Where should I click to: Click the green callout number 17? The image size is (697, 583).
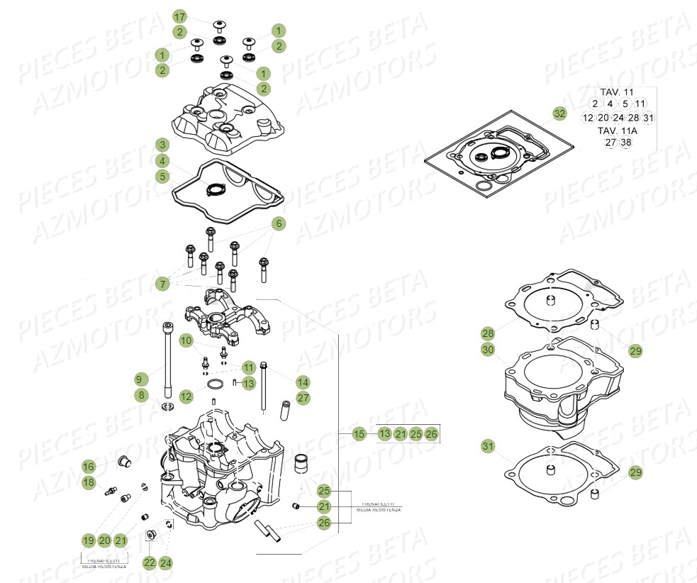pos(179,16)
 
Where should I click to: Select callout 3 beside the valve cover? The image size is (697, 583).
pos(162,145)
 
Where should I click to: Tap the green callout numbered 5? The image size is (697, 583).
pos(162,176)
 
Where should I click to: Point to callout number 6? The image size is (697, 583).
pos(279,223)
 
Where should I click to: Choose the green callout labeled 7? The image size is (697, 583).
pos(162,284)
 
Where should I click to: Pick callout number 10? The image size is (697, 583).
pos(186,341)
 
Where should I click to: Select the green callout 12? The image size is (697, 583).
pos(186,396)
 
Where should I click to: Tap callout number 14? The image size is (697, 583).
pos(303,381)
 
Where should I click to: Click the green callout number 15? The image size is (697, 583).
pos(359,433)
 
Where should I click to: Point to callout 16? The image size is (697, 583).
pos(88,466)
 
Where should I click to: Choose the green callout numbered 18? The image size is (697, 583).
pos(88,482)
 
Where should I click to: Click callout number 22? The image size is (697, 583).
pos(149,563)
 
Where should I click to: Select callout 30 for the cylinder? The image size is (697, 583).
pos(487,349)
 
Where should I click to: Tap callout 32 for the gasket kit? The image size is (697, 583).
pos(559,113)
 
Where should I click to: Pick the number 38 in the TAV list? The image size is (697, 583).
pos(625,143)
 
